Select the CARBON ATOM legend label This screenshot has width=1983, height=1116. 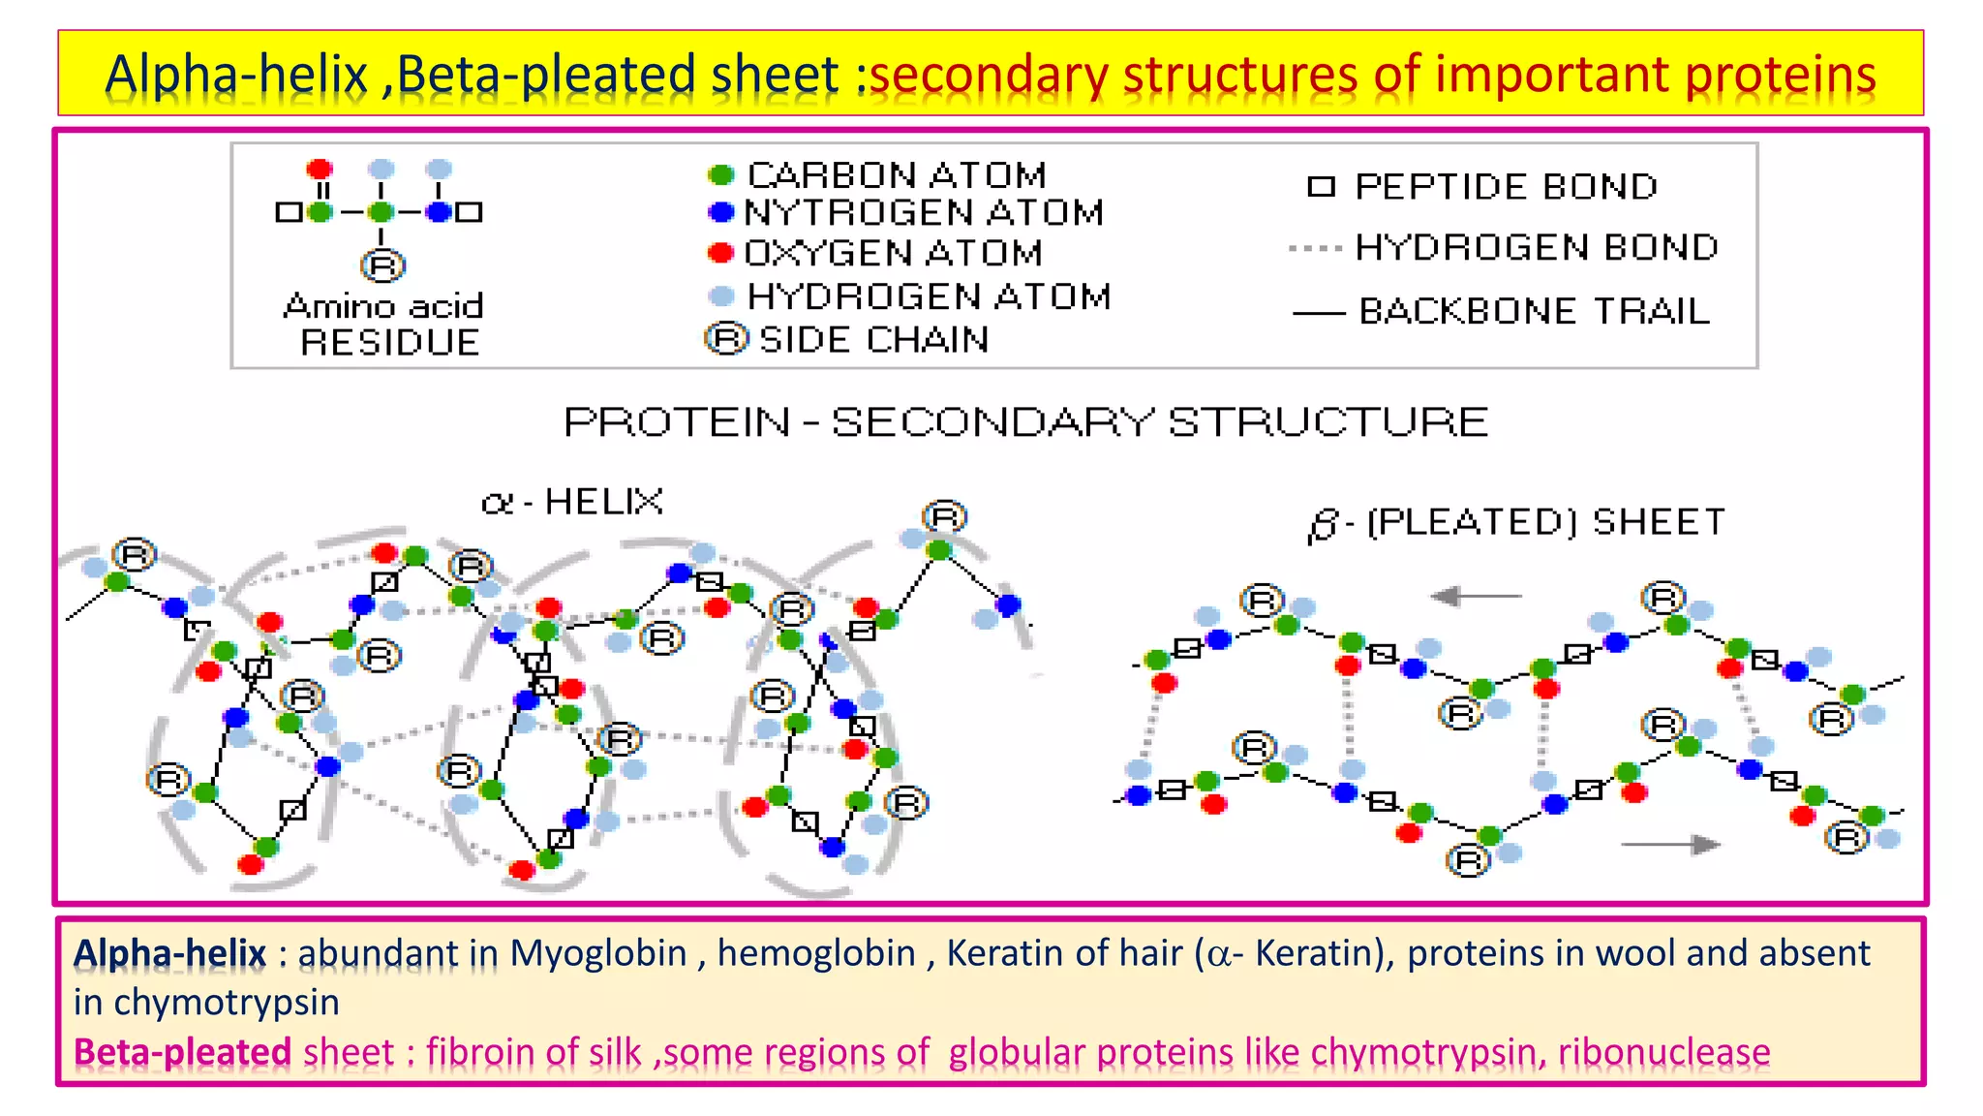click(x=897, y=175)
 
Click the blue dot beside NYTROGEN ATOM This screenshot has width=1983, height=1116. click(x=721, y=212)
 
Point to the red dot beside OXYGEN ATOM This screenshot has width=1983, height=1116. click(x=720, y=253)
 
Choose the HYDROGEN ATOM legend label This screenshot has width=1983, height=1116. click(x=929, y=296)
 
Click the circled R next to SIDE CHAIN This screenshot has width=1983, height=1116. click(x=726, y=339)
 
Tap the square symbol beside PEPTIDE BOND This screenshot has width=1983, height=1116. click(x=1321, y=187)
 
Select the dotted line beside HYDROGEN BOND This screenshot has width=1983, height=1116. click(x=1315, y=249)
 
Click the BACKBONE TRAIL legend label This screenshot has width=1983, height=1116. click(x=1534, y=312)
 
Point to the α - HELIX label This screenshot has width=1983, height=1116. click(x=572, y=502)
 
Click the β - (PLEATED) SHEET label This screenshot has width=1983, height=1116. click(x=1516, y=523)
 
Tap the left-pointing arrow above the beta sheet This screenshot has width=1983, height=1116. click(x=1474, y=596)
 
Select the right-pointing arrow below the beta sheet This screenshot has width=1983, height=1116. click(x=1670, y=845)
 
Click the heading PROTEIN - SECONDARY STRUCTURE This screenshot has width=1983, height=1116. click(x=1025, y=422)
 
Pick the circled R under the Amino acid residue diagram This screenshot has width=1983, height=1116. click(x=382, y=265)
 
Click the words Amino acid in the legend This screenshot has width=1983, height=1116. click(x=383, y=306)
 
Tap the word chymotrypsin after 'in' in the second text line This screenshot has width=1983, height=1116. click(x=227, y=1002)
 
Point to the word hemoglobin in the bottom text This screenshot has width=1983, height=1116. click(x=815, y=953)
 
